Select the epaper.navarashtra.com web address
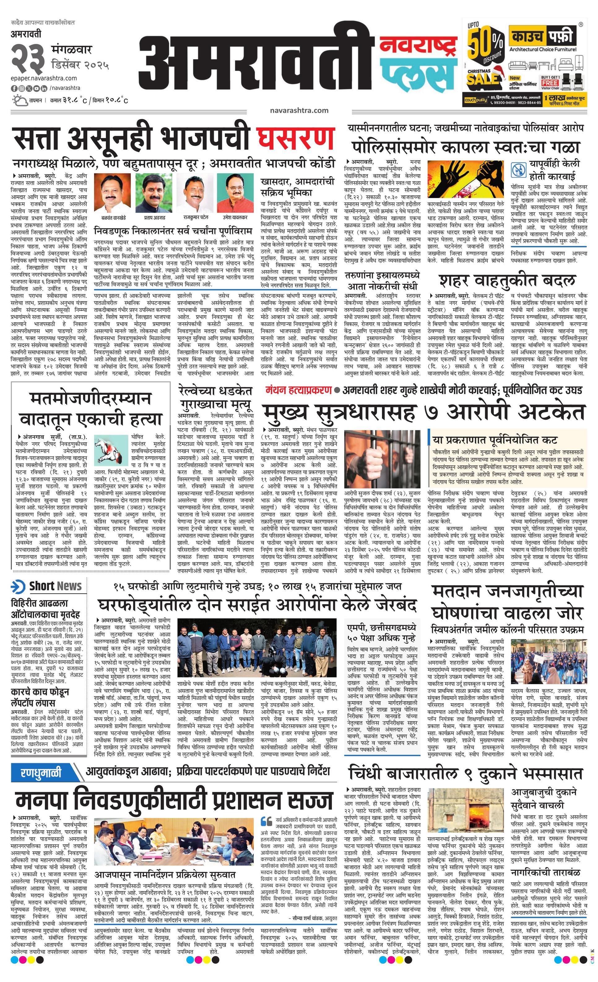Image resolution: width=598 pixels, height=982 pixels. click(x=44, y=78)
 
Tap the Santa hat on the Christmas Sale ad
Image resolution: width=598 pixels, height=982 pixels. click(x=497, y=75)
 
